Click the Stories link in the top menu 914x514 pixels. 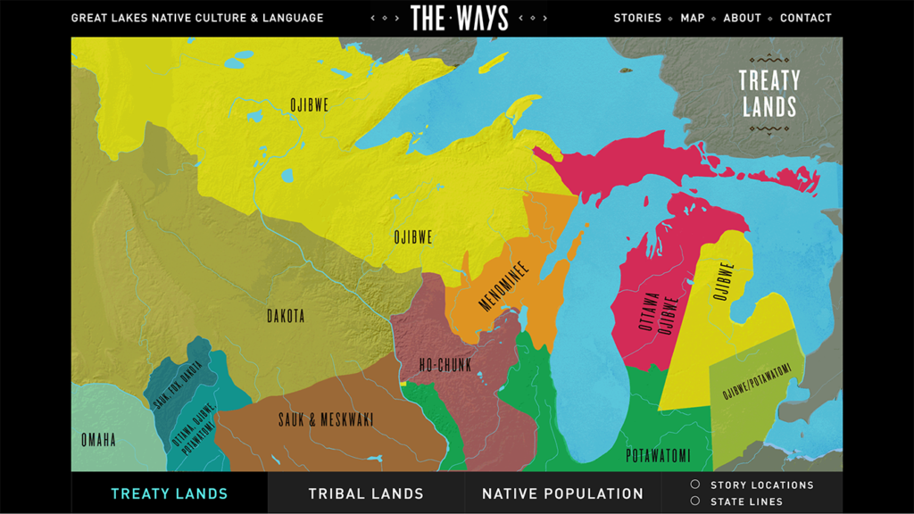click(x=637, y=18)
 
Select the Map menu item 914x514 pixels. click(x=692, y=18)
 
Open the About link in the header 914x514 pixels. click(x=742, y=18)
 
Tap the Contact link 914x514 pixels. click(x=805, y=18)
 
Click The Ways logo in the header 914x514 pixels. click(x=460, y=18)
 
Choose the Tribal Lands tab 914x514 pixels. click(x=366, y=493)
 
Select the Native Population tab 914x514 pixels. click(x=562, y=493)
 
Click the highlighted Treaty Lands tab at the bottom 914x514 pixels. click(x=170, y=493)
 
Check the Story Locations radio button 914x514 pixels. click(x=695, y=485)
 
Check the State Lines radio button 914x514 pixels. click(x=695, y=502)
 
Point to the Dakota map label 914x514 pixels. click(x=286, y=316)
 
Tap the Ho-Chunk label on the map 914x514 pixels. click(x=445, y=364)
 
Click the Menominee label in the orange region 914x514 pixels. click(x=503, y=286)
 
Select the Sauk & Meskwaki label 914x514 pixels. click(x=326, y=419)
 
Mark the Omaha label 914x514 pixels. click(x=98, y=440)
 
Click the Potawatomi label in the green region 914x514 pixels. click(x=658, y=455)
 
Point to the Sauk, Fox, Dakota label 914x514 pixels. click(x=178, y=385)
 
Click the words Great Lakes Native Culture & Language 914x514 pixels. click(x=197, y=18)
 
